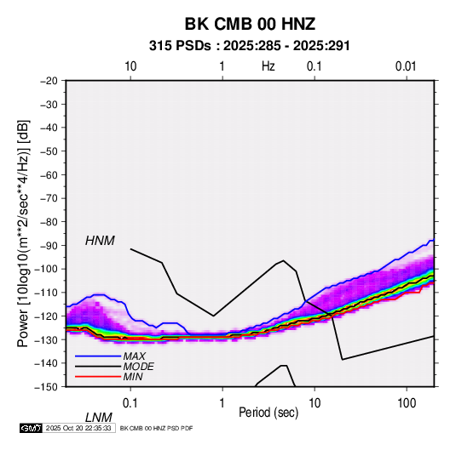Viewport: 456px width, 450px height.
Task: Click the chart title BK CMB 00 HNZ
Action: click(250, 24)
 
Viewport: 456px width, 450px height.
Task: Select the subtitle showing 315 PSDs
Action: click(250, 46)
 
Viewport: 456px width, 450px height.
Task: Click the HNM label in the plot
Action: click(100, 241)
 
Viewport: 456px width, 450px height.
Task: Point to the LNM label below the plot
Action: click(99, 418)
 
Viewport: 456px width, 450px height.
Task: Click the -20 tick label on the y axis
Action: click(49, 81)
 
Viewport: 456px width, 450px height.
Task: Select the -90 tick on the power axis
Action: click(49, 245)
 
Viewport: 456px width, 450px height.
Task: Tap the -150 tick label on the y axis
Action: click(46, 387)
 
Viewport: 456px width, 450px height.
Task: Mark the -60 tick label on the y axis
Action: click(49, 174)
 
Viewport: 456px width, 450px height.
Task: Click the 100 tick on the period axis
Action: click(407, 403)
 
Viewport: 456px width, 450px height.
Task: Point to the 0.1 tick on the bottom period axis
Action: click(130, 403)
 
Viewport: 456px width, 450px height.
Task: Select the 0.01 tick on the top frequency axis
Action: click(406, 66)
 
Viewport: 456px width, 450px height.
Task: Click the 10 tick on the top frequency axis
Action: click(130, 66)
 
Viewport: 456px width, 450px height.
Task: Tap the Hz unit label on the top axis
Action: click(268, 66)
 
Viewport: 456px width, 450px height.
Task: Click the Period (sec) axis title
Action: click(268, 413)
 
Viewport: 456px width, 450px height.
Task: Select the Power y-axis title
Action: click(23, 233)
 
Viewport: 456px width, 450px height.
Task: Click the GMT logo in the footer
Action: click(32, 428)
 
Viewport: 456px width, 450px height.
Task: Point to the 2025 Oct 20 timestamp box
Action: click(78, 428)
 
